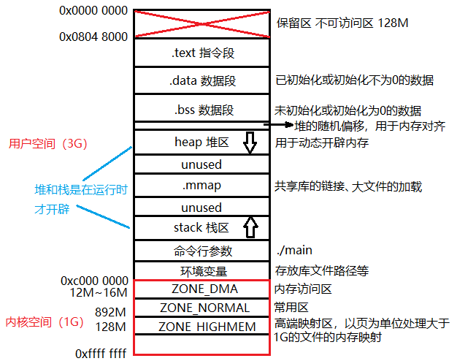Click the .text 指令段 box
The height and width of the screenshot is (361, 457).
(202, 53)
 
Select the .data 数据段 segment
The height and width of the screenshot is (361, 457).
(202, 80)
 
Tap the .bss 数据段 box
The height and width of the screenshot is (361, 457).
(202, 110)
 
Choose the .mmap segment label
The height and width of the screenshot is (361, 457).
(201, 186)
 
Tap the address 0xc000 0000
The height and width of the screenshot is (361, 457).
(95, 281)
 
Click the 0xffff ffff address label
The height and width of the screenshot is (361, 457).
(101, 353)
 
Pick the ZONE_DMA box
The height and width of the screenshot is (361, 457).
(201, 289)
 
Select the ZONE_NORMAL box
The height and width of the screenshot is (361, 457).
(201, 308)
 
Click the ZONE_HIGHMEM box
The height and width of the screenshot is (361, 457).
(201, 326)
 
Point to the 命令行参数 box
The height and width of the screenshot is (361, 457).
(202, 251)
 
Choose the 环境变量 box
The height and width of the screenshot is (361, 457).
(202, 270)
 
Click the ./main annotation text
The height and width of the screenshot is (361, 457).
(294, 251)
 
